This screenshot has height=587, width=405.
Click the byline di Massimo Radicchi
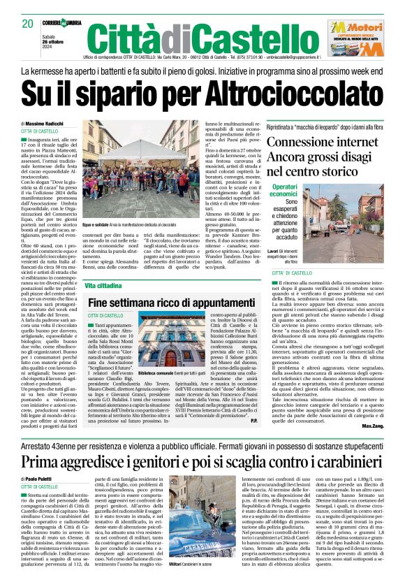[x=41, y=123]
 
